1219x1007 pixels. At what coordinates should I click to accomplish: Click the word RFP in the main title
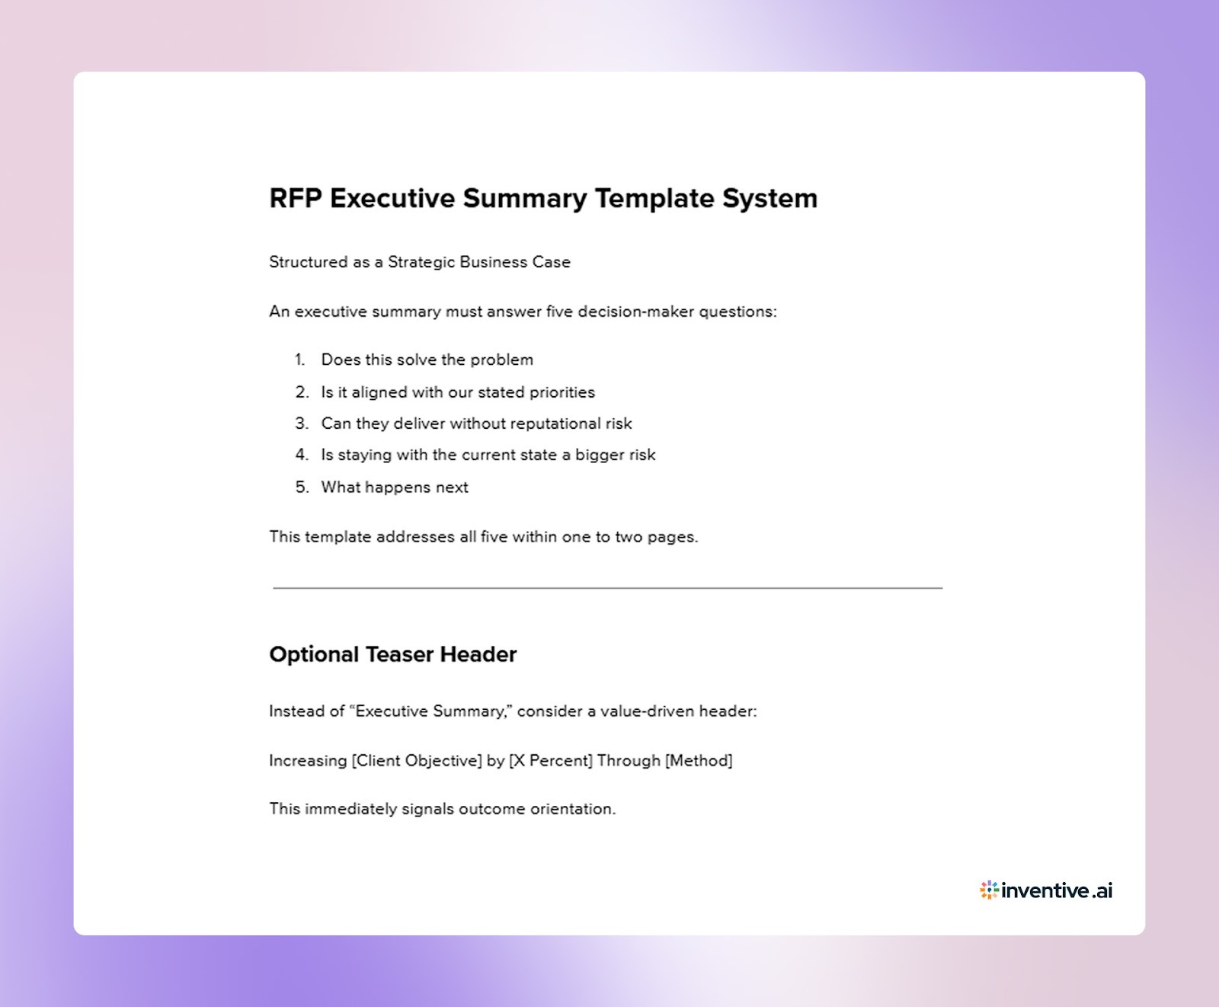296,199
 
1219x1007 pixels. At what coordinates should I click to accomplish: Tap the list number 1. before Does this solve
300,360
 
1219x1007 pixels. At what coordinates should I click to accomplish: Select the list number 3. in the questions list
302,424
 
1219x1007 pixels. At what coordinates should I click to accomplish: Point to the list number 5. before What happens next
302,488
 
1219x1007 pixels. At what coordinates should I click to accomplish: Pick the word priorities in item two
562,392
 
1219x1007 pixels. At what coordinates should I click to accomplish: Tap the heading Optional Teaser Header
392,654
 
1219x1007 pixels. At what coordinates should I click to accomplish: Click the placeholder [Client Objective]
417,761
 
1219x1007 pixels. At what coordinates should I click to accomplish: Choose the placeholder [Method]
698,761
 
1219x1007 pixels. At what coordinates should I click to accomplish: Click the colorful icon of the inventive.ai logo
989,890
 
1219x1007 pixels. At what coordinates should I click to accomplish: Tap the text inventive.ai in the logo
1057,890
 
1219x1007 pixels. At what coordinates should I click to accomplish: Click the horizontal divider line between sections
607,588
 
